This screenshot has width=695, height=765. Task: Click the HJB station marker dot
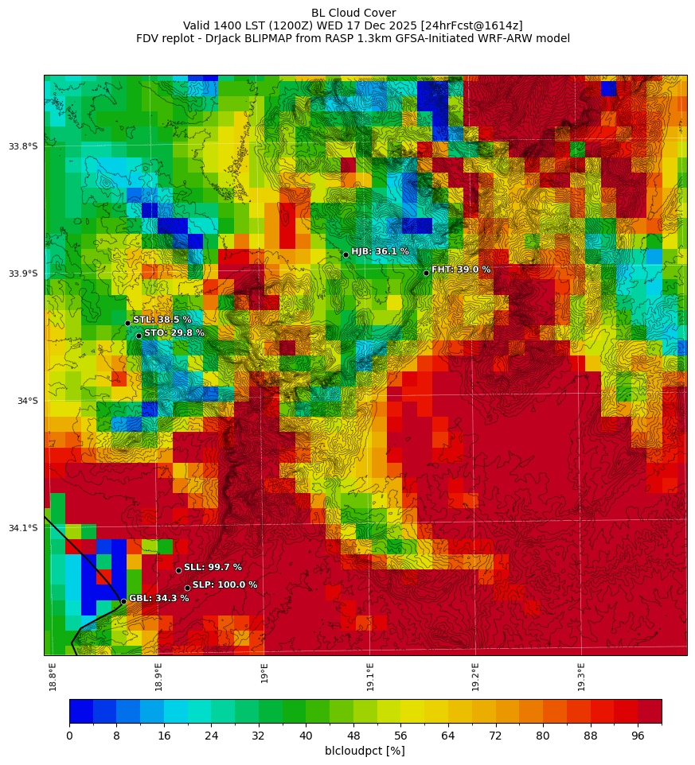point(346,254)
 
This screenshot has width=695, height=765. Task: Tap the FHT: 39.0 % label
point(461,270)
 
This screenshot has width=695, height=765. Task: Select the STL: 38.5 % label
point(162,320)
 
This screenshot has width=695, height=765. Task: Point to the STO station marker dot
point(139,336)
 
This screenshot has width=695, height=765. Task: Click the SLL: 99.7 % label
point(213,567)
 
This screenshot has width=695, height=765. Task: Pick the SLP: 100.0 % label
point(225,584)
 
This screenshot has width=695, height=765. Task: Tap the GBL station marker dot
point(123,600)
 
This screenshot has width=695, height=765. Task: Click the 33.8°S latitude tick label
point(23,146)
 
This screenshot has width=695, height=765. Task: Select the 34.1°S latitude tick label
point(23,528)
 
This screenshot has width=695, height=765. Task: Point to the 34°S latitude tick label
point(27,401)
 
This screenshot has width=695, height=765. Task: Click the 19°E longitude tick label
point(264,672)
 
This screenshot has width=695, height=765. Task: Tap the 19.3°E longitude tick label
point(581,676)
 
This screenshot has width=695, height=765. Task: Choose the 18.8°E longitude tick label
point(53,676)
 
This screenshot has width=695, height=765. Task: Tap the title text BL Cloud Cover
point(353,13)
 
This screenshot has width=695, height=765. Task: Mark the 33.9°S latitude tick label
point(23,274)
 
